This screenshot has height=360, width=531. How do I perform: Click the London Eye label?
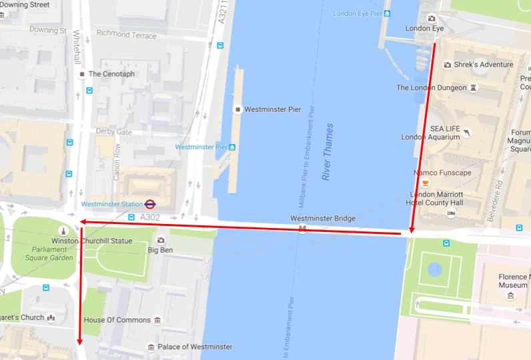click(x=424, y=29)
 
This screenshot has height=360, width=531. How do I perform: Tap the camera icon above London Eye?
click(x=432, y=18)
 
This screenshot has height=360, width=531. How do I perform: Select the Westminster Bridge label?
click(x=323, y=219)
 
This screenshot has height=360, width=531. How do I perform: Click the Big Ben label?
click(x=160, y=251)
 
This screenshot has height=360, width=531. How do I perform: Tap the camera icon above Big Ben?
click(x=160, y=240)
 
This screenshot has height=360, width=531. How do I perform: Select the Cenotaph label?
click(x=111, y=74)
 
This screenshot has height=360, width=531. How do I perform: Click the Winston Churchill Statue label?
click(x=92, y=241)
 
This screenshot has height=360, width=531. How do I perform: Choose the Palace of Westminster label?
click(x=195, y=347)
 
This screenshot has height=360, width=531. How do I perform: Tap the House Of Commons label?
click(x=117, y=320)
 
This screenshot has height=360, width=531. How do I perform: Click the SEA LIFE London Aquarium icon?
click(x=465, y=133)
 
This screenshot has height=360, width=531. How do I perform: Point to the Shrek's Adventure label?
click(x=484, y=65)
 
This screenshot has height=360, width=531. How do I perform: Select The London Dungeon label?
click(x=432, y=87)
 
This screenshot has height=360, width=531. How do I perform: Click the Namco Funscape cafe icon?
click(x=426, y=183)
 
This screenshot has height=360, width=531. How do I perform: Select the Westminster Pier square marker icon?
click(x=237, y=109)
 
